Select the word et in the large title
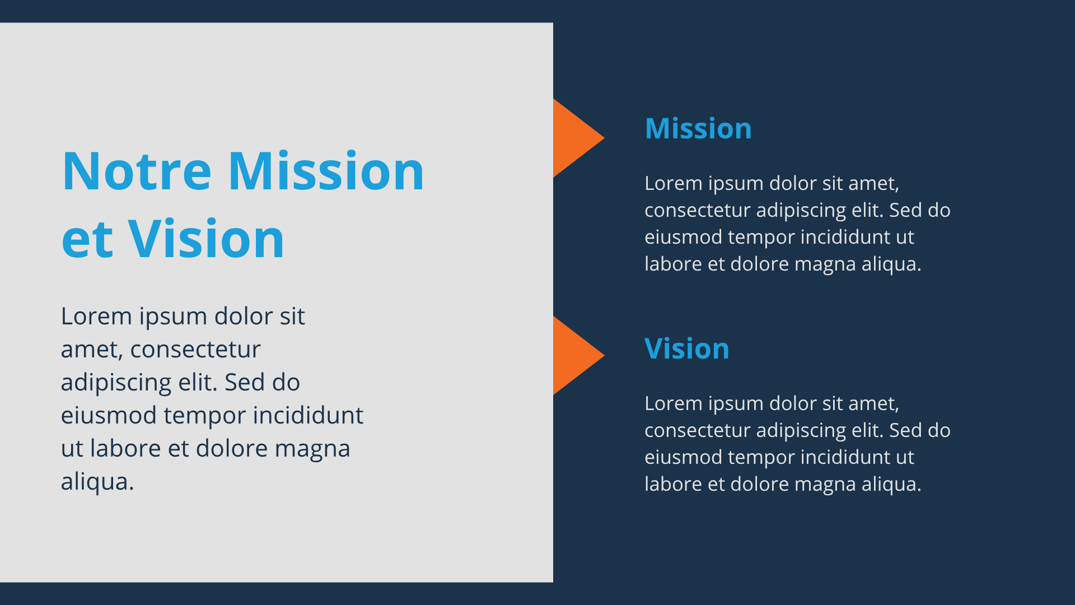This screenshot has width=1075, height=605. pos(87,240)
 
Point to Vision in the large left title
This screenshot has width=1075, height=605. pos(206,238)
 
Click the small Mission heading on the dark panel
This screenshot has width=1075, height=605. pos(698,128)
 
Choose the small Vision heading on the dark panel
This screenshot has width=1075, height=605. pos(687,348)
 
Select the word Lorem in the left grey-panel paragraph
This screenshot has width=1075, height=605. pos(96,317)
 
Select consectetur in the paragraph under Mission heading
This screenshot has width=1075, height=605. pos(698,211)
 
